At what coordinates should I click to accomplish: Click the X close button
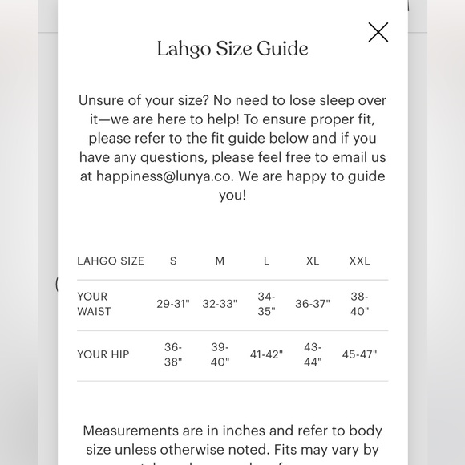click(x=378, y=32)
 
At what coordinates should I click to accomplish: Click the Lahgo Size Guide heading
click(x=232, y=49)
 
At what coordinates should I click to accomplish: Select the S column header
click(x=173, y=261)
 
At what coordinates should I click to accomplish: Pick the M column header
click(x=220, y=261)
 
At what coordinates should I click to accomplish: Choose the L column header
click(x=266, y=261)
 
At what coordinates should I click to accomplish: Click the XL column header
click(x=313, y=261)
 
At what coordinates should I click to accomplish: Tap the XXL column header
click(x=359, y=261)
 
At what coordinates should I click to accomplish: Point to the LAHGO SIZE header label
click(x=111, y=261)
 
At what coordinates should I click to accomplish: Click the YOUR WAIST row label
click(x=94, y=304)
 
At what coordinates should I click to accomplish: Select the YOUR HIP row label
click(x=103, y=354)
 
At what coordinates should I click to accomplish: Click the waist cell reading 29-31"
click(x=173, y=305)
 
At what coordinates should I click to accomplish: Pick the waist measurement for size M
click(x=220, y=305)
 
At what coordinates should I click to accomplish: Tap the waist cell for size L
click(x=266, y=305)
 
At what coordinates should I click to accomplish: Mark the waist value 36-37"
click(x=313, y=305)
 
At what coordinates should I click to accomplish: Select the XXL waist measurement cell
click(x=359, y=305)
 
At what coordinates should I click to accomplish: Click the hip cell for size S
click(x=173, y=354)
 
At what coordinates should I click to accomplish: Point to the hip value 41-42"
click(x=266, y=354)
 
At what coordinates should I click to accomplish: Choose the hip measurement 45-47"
click(x=359, y=354)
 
